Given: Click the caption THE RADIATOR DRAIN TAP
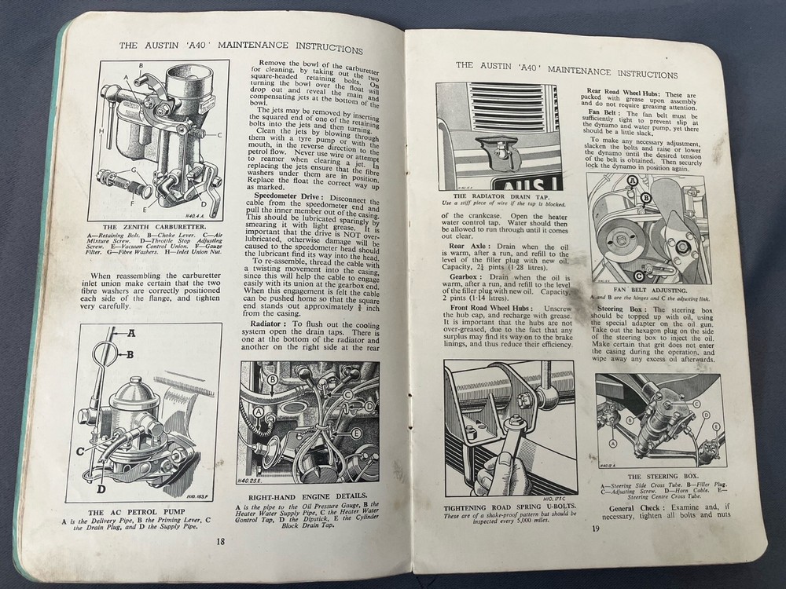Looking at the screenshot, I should (498, 195).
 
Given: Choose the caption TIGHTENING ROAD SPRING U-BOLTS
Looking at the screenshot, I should (508, 506).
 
